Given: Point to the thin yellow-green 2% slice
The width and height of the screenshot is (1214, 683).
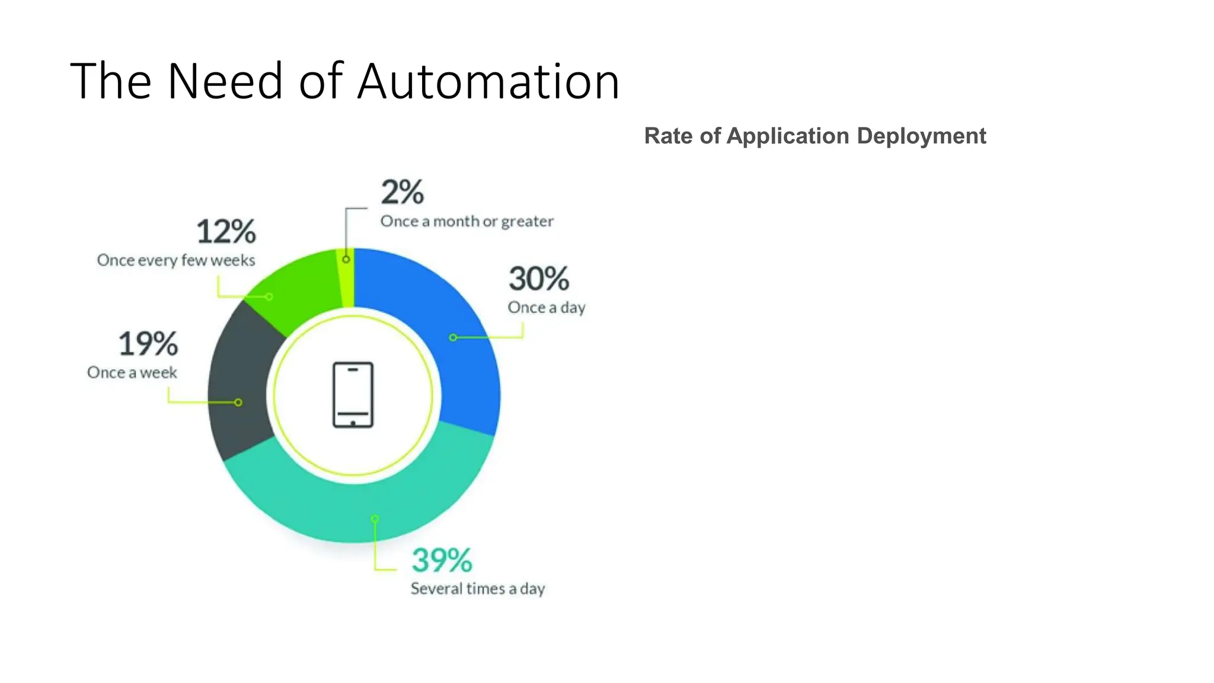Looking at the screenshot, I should point(349,277).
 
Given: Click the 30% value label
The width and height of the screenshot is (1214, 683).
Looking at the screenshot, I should point(538,279).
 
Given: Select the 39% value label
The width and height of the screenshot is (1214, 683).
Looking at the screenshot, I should point(442,560).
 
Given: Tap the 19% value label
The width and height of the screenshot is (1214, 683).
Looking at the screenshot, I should point(148,344).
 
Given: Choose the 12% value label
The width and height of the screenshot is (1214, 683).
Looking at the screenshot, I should point(226,231).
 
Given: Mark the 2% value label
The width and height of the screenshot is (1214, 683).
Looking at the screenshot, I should point(402,192).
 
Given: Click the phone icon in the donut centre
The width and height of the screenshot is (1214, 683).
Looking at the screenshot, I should point(353,395).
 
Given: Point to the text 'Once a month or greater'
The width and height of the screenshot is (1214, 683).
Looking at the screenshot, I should point(467,222).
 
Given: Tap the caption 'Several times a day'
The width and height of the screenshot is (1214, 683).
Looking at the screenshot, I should point(477,589).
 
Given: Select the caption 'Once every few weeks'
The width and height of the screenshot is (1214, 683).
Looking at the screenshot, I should point(176,260).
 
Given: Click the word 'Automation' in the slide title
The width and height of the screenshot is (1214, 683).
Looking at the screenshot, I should point(488,81).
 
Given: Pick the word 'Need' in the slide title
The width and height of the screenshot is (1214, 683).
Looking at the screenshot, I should point(225,81).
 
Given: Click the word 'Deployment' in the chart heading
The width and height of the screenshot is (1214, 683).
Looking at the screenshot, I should point(921,136).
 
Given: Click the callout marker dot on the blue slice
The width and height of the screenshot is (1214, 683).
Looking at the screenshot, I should point(453,337).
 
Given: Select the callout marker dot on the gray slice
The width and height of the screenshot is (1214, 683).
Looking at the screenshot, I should point(238,403).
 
